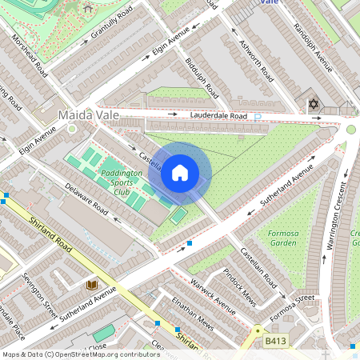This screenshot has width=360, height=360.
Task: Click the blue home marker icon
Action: point(180,172)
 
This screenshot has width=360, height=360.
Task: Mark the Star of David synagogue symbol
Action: point(313,105)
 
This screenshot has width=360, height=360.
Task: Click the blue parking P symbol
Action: point(257,118)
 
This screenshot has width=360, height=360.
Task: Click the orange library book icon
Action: point(91,284)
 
